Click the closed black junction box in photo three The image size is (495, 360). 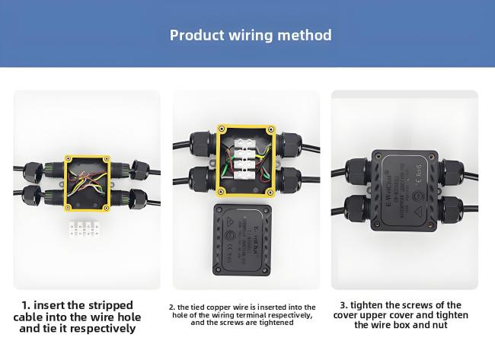[404, 183]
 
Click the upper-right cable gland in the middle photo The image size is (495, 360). [290, 143]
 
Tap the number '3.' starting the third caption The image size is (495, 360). [343, 305]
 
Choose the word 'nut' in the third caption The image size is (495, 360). [449, 325]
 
